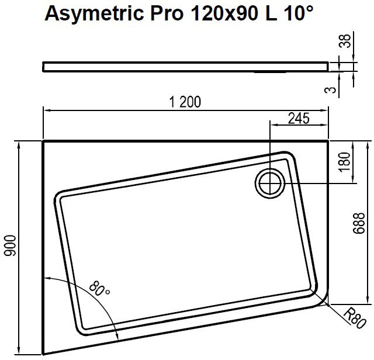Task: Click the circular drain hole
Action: tap(269, 183)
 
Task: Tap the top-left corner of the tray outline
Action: tap(44, 141)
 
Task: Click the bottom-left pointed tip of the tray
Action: tap(44, 353)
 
